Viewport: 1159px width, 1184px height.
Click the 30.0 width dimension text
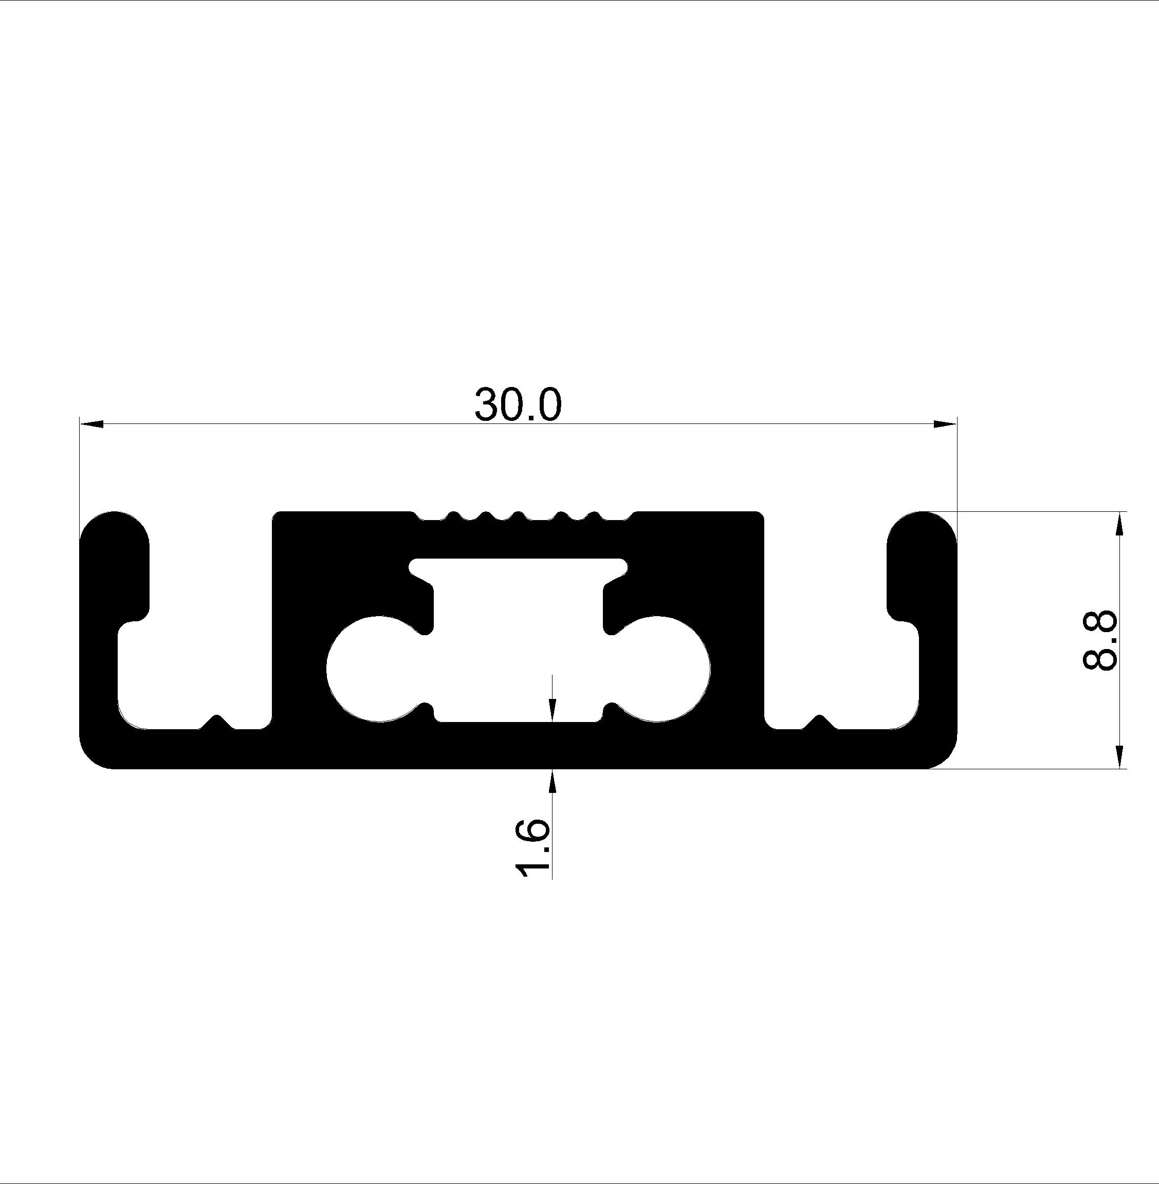coord(518,404)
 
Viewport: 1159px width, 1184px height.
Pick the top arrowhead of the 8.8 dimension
coord(1120,523)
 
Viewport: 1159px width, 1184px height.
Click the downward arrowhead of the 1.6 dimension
coord(552,710)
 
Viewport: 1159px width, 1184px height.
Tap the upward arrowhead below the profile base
coord(552,781)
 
